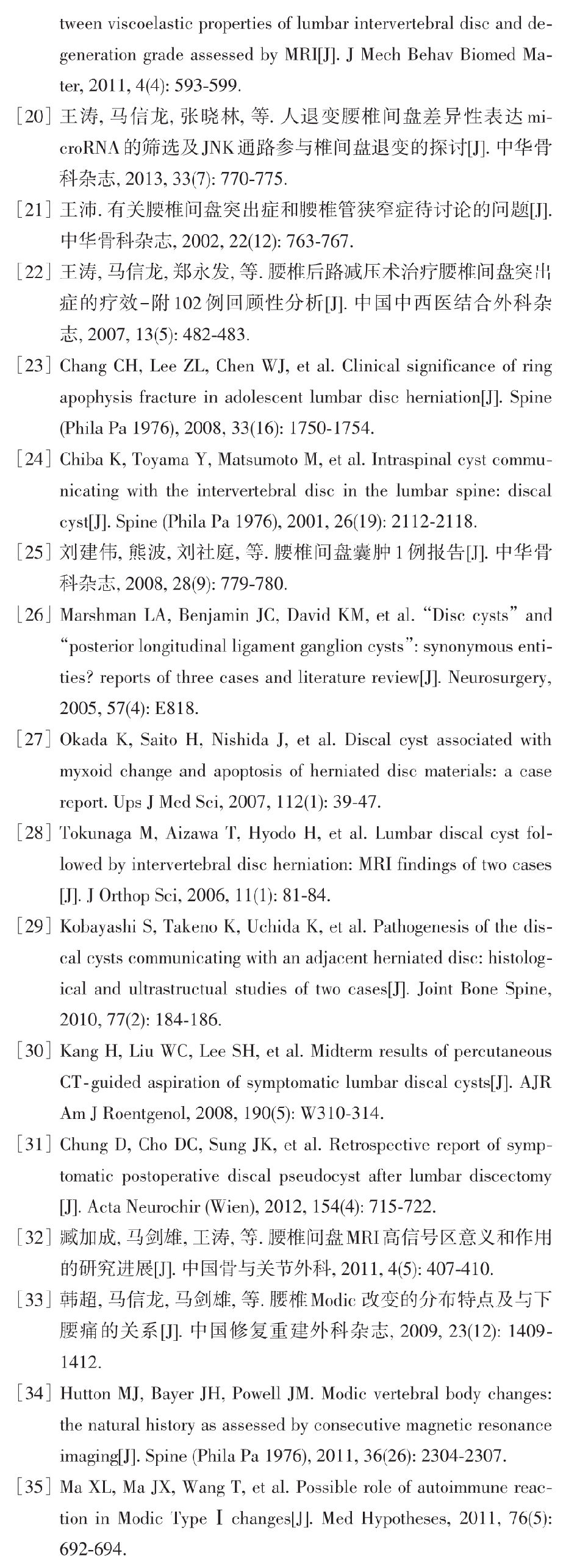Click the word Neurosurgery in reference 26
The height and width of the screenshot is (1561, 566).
point(498,677)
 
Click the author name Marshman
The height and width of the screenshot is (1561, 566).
point(98,615)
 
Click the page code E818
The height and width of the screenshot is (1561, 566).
point(176,709)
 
